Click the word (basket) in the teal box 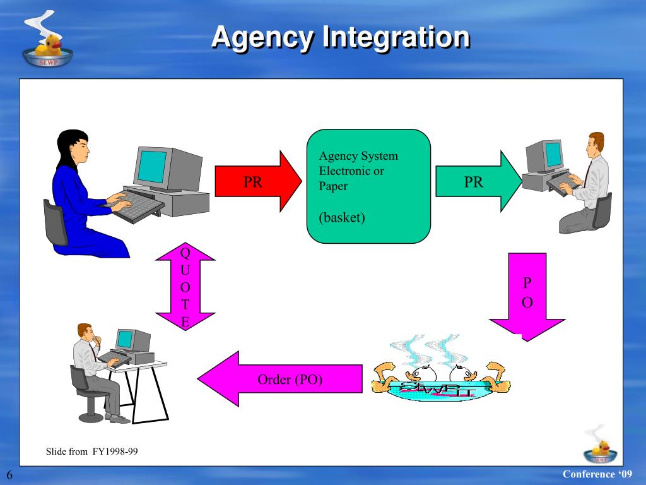pyautogui.click(x=342, y=218)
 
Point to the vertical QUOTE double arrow pyautogui.click(x=185, y=286)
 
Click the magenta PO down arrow pyautogui.click(x=527, y=294)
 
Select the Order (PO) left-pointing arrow pyautogui.click(x=281, y=380)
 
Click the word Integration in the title pyautogui.click(x=396, y=38)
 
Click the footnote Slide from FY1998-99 pyautogui.click(x=92, y=452)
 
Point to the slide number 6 pyautogui.click(x=10, y=475)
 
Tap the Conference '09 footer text pyautogui.click(x=596, y=474)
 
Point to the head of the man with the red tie pyautogui.click(x=596, y=145)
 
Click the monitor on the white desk pyautogui.click(x=133, y=340)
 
